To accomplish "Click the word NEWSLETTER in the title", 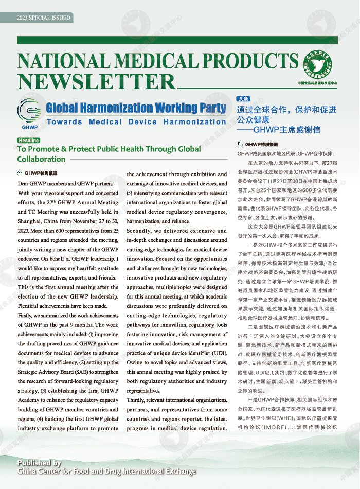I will [x=97, y=81].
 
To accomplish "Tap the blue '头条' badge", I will [x=243, y=98].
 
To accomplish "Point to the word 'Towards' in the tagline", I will [x=64, y=122].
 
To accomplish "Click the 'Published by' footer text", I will [x=39, y=463].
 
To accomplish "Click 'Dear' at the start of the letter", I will [x=24, y=183].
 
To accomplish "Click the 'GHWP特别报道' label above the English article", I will [x=41, y=173].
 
